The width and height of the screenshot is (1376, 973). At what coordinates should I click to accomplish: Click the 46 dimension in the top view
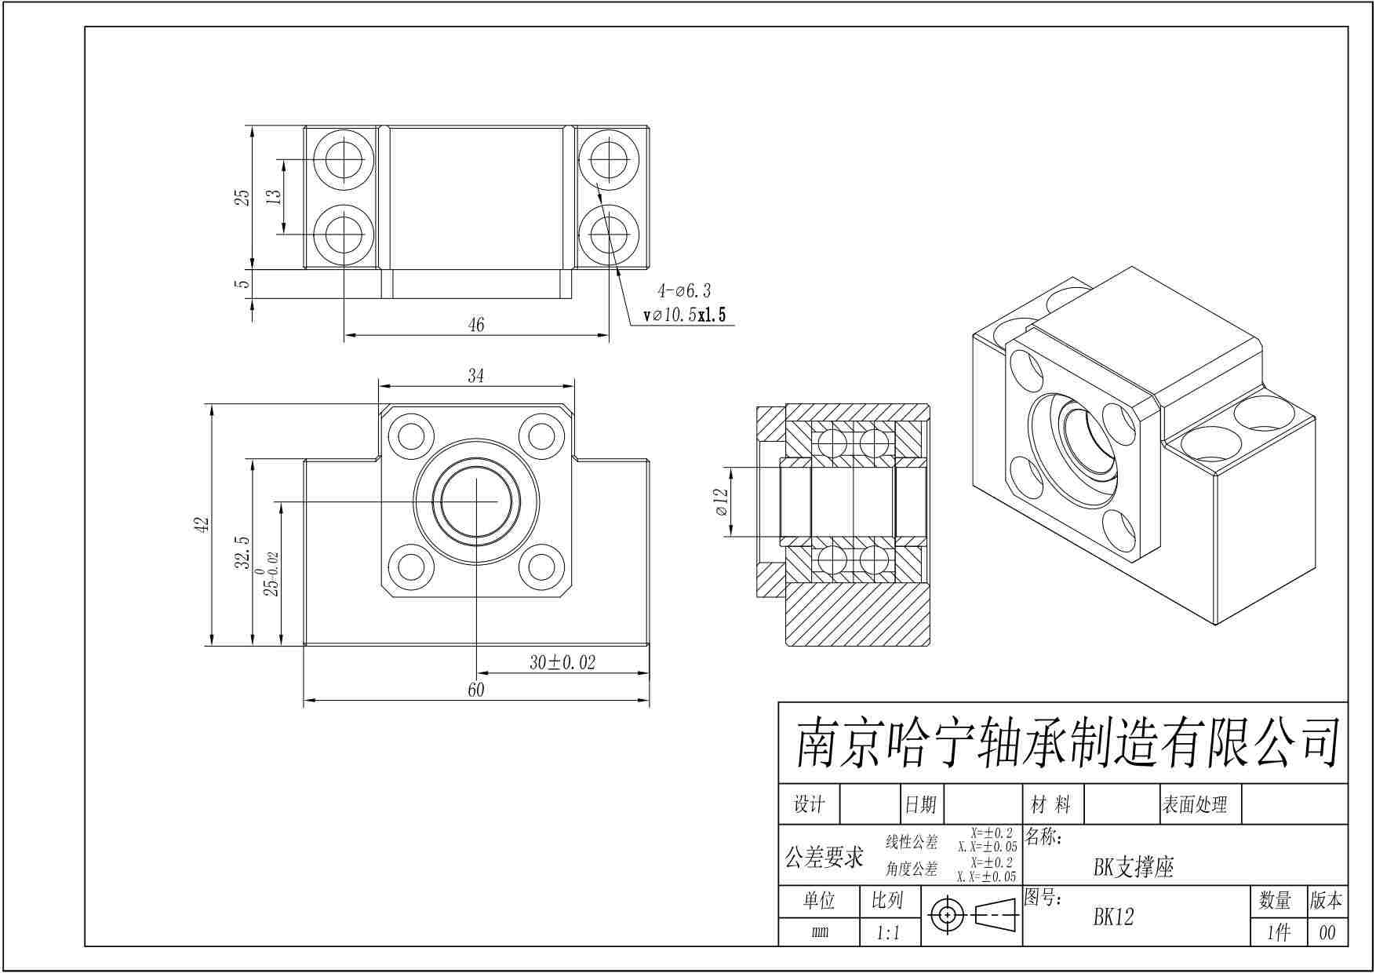pyautogui.click(x=476, y=324)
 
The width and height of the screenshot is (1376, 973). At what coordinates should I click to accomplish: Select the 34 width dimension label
pyautogui.click(x=476, y=376)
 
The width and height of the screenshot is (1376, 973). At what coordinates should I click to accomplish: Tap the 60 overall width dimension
pyautogui.click(x=476, y=690)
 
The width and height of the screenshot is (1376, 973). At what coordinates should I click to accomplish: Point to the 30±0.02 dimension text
pyautogui.click(x=562, y=663)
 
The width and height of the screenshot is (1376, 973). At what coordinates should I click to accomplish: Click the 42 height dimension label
pyautogui.click(x=202, y=524)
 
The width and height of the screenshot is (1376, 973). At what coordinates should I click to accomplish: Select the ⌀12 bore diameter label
pyautogui.click(x=722, y=502)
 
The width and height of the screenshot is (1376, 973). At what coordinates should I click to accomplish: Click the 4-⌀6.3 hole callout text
pyautogui.click(x=684, y=291)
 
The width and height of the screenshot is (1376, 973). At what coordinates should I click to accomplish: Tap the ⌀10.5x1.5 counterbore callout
pyautogui.click(x=685, y=315)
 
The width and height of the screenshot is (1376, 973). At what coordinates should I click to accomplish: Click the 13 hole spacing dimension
pyautogui.click(x=274, y=196)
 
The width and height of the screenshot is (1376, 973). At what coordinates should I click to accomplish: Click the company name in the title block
pyautogui.click(x=1066, y=743)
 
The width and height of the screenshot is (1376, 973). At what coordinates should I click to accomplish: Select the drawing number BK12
pyautogui.click(x=1113, y=917)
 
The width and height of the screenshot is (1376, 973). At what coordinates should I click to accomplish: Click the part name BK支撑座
pyautogui.click(x=1133, y=867)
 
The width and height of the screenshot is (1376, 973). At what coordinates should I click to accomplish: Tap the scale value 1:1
pyautogui.click(x=887, y=933)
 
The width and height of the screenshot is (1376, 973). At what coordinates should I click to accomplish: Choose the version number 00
pyautogui.click(x=1327, y=933)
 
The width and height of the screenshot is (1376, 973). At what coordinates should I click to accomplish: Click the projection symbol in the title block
pyautogui.click(x=973, y=915)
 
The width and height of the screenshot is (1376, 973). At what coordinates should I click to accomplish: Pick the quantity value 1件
pyautogui.click(x=1278, y=933)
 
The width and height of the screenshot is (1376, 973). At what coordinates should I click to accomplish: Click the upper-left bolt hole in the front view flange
pyautogui.click(x=412, y=435)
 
